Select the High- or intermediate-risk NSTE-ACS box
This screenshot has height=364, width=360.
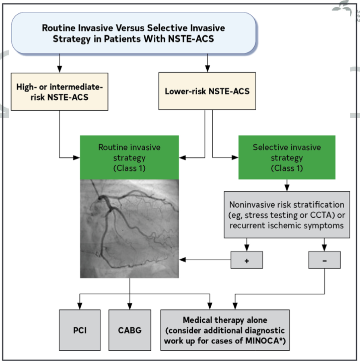click(60, 92)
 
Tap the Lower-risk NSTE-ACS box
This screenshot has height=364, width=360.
click(207, 91)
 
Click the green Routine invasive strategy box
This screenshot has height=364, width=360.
click(129, 157)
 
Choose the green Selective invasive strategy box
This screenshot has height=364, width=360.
click(287, 157)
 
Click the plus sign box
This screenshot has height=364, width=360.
click(247, 260)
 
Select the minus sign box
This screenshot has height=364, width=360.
click(324, 260)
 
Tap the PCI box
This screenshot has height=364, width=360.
click(80, 330)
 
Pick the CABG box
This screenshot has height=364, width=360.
click(130, 330)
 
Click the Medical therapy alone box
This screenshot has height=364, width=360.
click(225, 330)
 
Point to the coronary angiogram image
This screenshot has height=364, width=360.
click(129, 228)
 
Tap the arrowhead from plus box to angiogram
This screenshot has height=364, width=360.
click(182, 260)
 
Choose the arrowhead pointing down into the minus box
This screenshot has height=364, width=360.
click(324, 248)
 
